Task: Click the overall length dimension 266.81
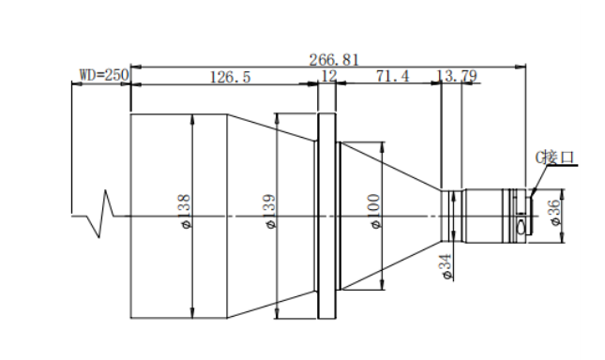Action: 334,60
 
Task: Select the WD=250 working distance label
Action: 104,75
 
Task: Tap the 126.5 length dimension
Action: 230,77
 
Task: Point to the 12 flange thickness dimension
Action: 328,76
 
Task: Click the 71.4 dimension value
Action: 393,76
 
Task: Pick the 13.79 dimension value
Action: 457,76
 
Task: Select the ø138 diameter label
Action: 185,211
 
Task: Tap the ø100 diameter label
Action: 374,211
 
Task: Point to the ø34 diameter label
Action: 446,267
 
